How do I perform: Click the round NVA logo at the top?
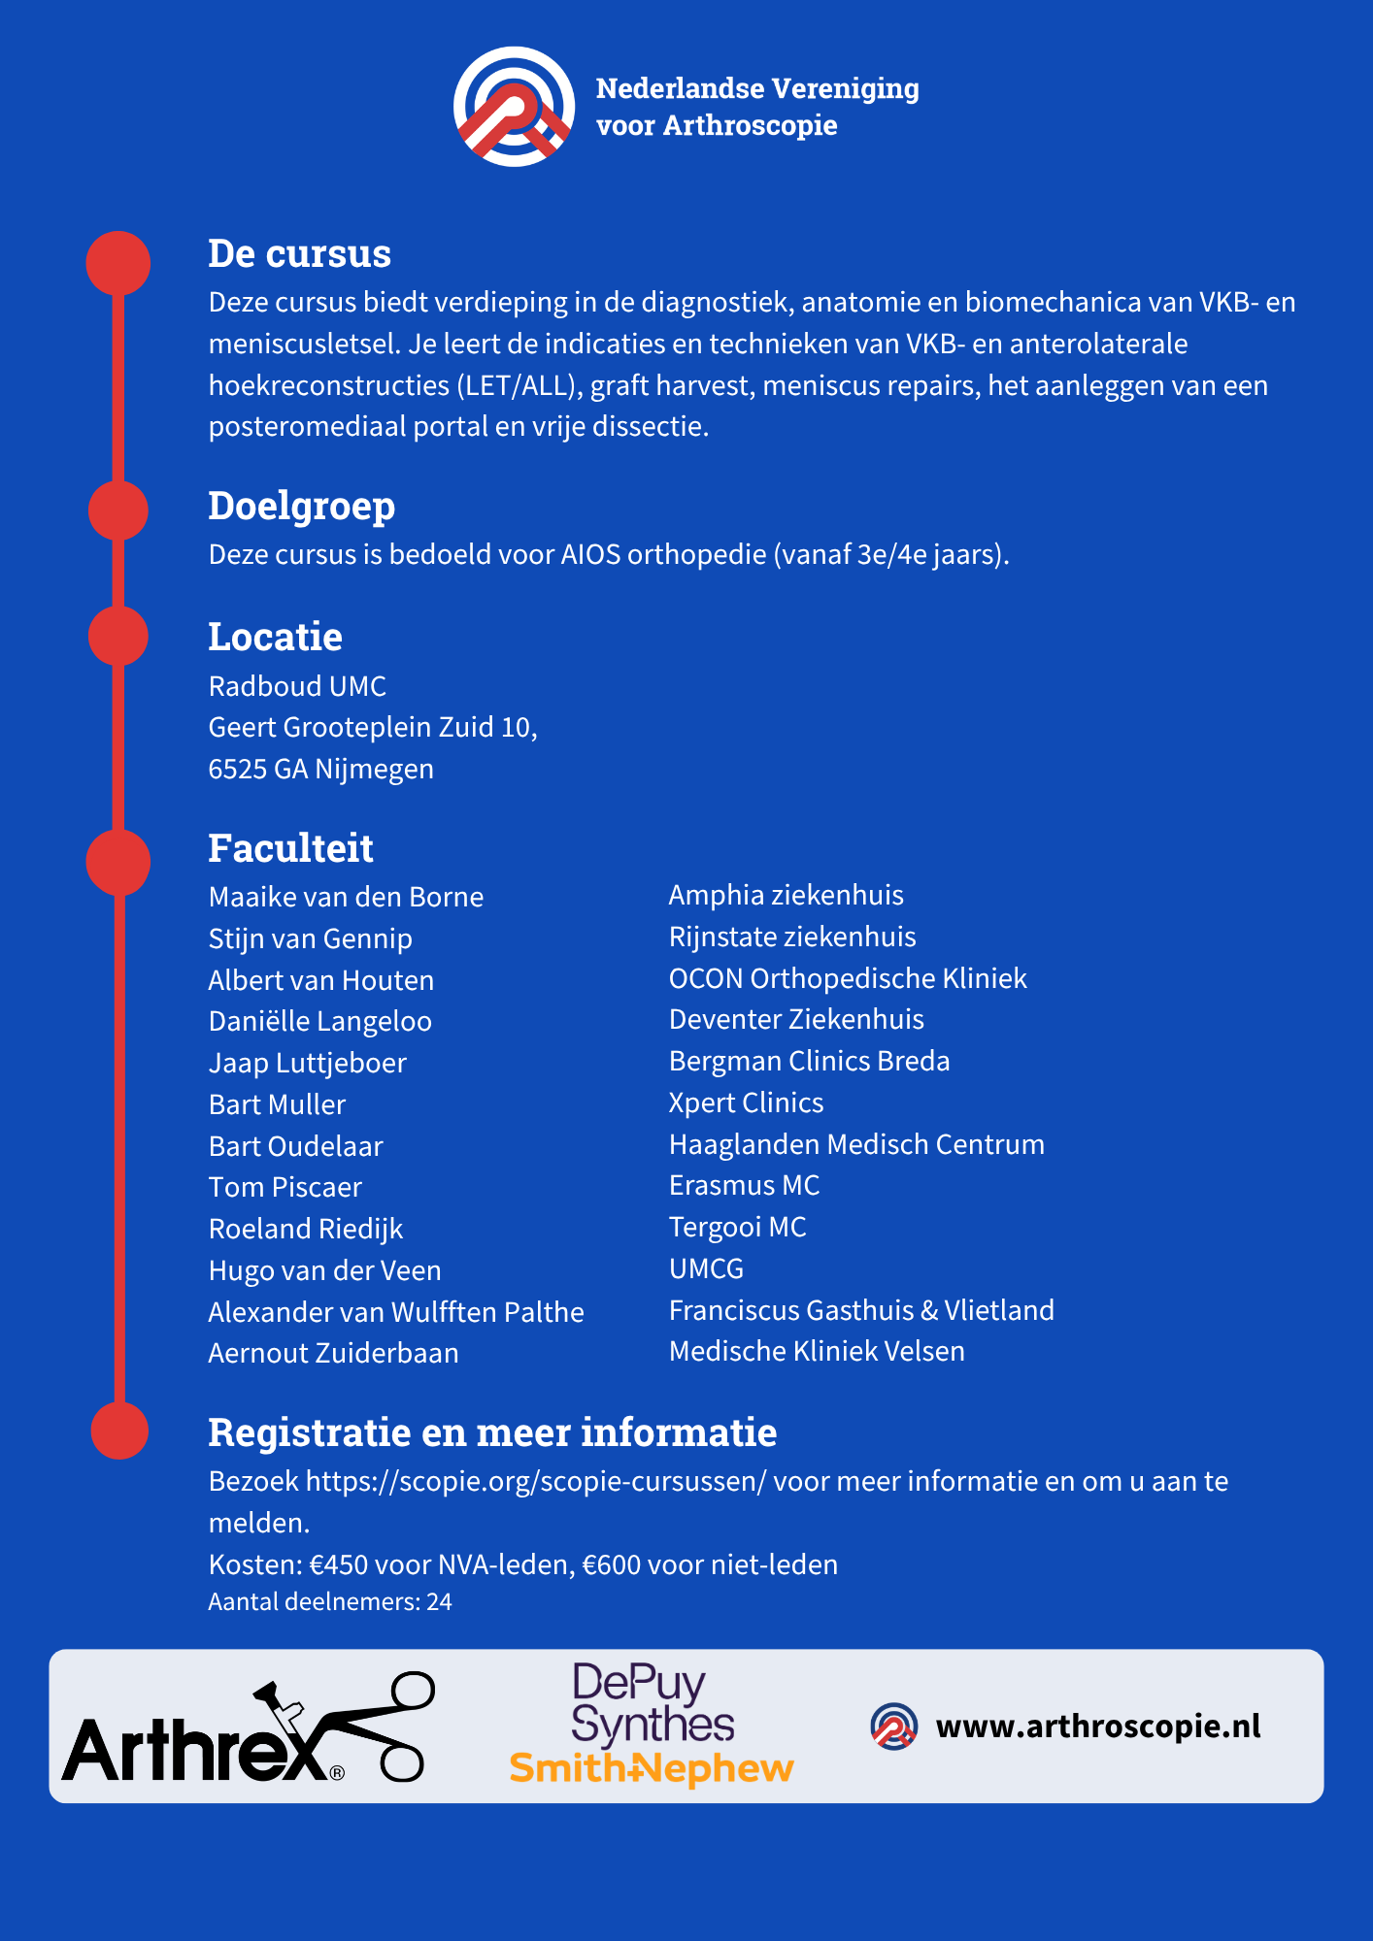point(515,107)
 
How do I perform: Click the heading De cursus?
point(299,253)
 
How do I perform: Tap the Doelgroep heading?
point(302,507)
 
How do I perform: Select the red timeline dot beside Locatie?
point(118,636)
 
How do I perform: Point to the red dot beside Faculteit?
point(118,862)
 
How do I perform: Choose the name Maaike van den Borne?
point(346,897)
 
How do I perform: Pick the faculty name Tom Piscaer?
point(285,1187)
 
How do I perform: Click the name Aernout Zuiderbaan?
point(333,1353)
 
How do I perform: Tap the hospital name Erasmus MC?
point(744,1185)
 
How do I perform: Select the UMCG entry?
point(706,1268)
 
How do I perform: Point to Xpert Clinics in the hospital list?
point(746,1102)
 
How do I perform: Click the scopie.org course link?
point(536,1481)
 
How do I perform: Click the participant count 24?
point(439,1601)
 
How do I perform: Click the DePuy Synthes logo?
point(652,1703)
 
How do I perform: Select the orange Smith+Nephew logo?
point(652,1768)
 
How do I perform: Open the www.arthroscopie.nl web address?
point(1098,1726)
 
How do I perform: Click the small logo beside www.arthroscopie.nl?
point(894,1727)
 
